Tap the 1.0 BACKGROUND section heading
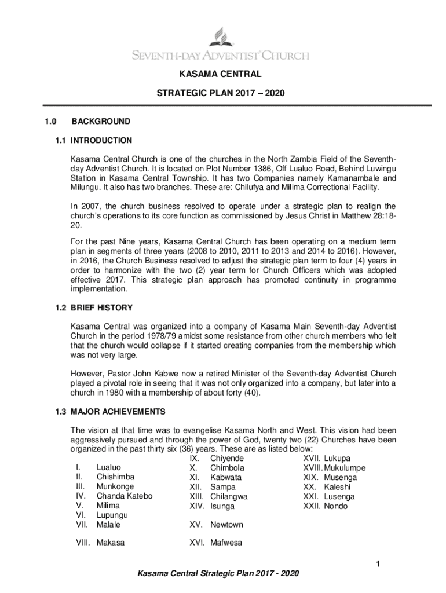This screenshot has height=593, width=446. point(100,122)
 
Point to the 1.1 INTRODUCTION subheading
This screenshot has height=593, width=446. point(101,140)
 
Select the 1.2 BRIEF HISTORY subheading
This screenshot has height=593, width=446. point(101,308)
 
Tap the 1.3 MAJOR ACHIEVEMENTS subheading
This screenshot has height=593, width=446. point(118,412)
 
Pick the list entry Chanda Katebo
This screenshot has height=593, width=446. point(125,496)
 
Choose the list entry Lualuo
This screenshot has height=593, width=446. point(109,468)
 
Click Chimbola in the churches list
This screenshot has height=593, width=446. point(227,468)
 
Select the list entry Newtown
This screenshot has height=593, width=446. point(226,525)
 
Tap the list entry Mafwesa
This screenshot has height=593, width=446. point(226,543)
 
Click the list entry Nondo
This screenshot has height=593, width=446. point(336,506)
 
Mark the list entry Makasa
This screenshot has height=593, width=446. point(111,543)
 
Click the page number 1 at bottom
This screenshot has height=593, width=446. point(376,564)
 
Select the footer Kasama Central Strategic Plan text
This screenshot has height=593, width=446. point(218,573)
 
